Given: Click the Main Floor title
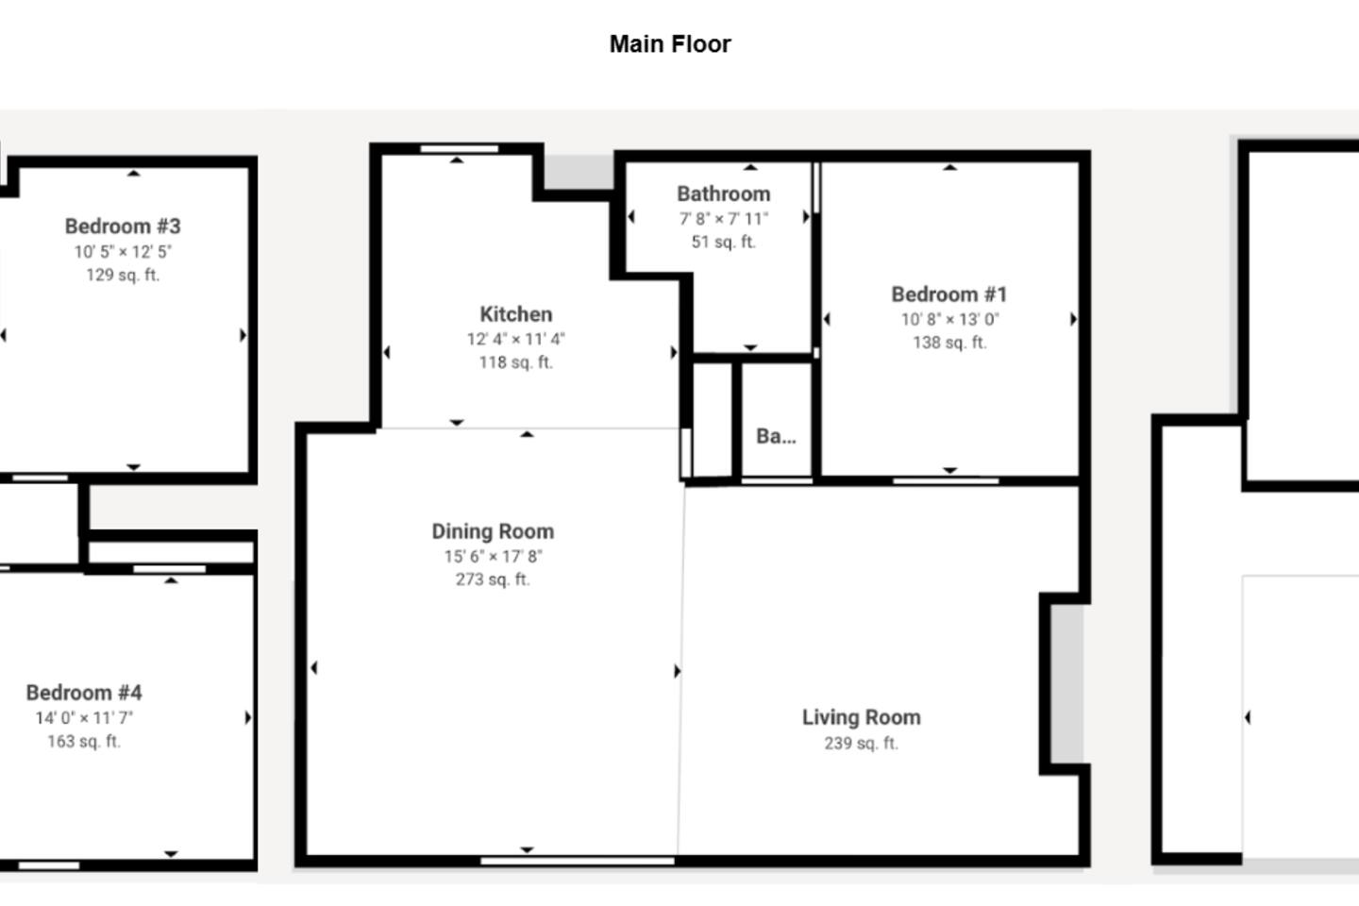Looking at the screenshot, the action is (x=670, y=44).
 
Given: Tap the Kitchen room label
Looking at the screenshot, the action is (x=515, y=314).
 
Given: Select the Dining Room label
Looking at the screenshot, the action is (x=493, y=531).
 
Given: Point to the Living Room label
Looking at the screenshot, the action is (x=861, y=717).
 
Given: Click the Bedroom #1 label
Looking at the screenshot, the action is (x=949, y=294).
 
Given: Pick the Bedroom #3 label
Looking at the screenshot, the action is (x=123, y=226).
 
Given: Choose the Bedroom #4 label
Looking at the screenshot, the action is (x=84, y=693).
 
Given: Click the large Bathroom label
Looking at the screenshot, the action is (x=724, y=194).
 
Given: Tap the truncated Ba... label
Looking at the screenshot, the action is (x=776, y=436).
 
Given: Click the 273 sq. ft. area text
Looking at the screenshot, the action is (x=493, y=579).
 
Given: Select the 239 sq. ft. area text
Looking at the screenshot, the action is (x=861, y=744).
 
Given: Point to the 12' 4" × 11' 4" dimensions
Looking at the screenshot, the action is (x=515, y=339).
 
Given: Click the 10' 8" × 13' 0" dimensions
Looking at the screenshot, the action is (x=949, y=319).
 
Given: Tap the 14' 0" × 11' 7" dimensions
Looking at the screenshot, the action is (x=84, y=718).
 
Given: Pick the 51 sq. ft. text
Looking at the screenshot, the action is (x=724, y=243).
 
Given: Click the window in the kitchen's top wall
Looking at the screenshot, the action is (x=460, y=149).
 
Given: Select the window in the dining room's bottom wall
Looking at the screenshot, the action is (x=577, y=861).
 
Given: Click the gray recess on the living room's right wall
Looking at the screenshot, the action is (x=1067, y=684).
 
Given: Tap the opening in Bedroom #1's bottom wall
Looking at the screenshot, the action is (x=946, y=481).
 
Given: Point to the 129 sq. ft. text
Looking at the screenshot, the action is (x=123, y=276).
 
